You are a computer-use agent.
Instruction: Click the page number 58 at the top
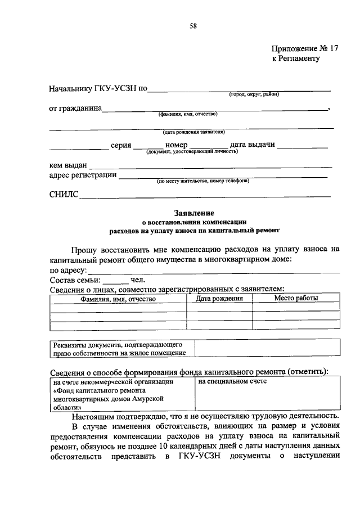click(x=192, y=25)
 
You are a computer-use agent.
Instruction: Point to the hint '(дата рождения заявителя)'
click(x=194, y=133)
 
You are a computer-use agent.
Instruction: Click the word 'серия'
click(x=121, y=145)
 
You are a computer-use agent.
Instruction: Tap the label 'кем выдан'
click(x=68, y=165)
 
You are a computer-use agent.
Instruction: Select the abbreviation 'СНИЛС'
click(x=64, y=195)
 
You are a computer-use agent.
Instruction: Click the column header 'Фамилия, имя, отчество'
click(x=118, y=299)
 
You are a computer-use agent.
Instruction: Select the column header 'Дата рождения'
click(x=219, y=299)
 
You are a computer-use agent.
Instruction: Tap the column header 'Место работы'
click(x=296, y=298)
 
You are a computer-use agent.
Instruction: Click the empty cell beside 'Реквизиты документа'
click(x=267, y=348)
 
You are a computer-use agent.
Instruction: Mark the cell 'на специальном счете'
click(x=232, y=382)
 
